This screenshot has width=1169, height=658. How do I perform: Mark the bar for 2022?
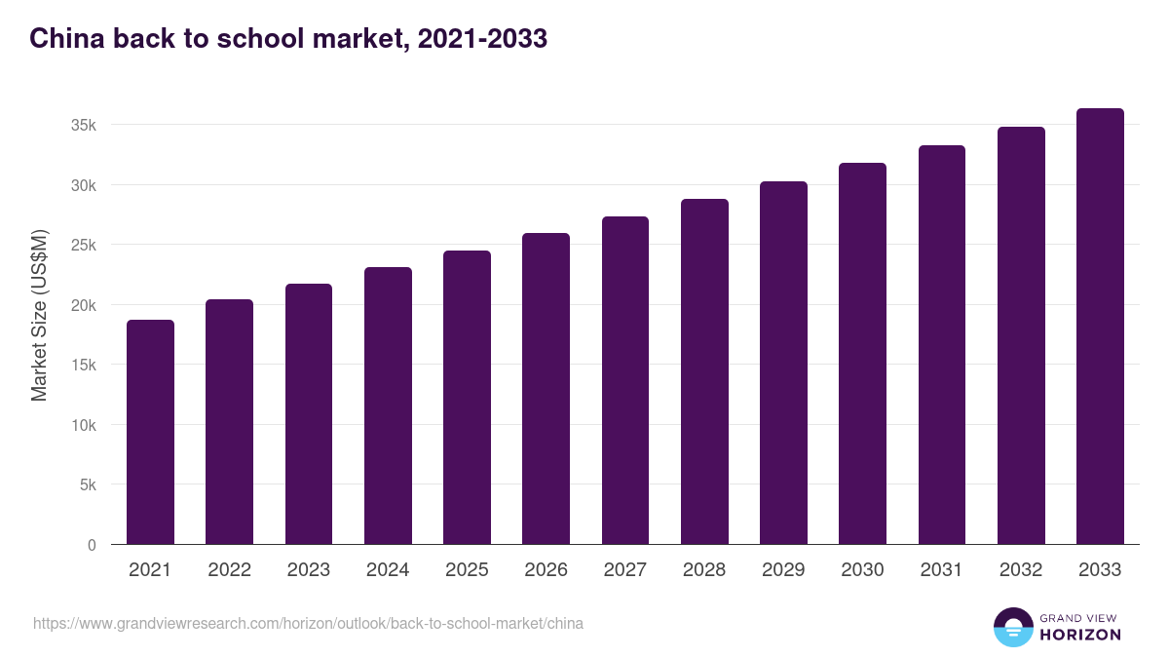[229, 422]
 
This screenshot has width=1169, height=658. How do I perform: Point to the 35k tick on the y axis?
[83, 125]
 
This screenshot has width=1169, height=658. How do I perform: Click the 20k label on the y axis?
[83, 305]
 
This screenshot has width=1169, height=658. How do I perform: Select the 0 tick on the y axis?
[92, 545]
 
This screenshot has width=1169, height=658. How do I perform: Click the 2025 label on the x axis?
[467, 570]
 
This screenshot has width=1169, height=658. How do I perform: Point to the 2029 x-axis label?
[783, 570]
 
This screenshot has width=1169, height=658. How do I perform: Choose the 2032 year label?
[1021, 570]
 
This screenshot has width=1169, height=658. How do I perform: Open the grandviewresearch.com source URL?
[308, 623]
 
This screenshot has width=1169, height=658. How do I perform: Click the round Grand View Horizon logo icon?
[1012, 627]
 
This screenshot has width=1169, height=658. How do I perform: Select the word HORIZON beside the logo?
[1080, 635]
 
